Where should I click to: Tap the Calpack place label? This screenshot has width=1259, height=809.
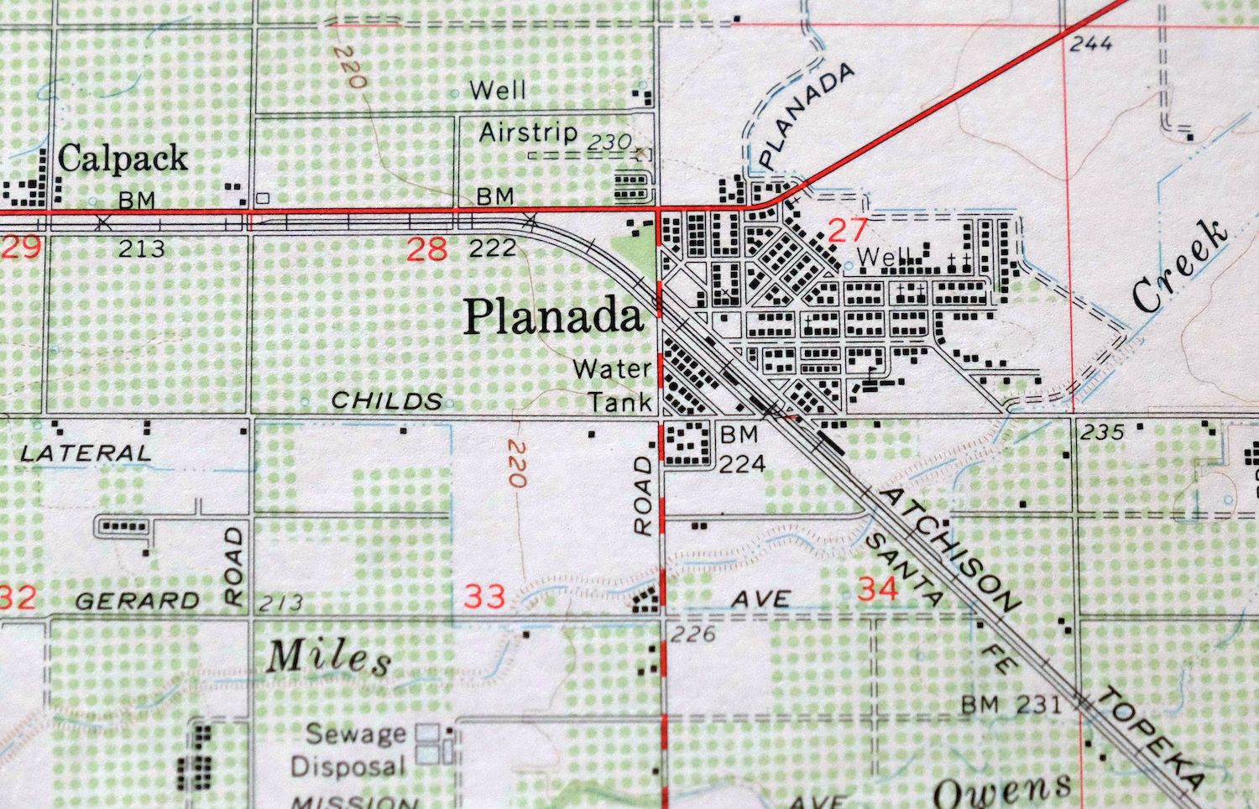coord(123,159)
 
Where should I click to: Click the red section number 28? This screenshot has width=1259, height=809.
coord(426,248)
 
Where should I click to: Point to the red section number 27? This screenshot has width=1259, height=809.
coord(846,229)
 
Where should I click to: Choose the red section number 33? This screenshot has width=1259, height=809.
coord(485,597)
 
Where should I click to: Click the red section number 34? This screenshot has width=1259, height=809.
coord(878,589)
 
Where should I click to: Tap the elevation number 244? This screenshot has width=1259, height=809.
coord(1091,44)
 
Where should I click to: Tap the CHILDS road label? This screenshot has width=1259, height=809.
coord(387,400)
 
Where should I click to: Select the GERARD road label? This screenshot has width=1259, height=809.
coord(137,600)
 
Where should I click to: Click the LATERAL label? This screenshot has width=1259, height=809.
coord(86,453)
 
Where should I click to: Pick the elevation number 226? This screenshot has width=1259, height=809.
coord(693,634)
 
